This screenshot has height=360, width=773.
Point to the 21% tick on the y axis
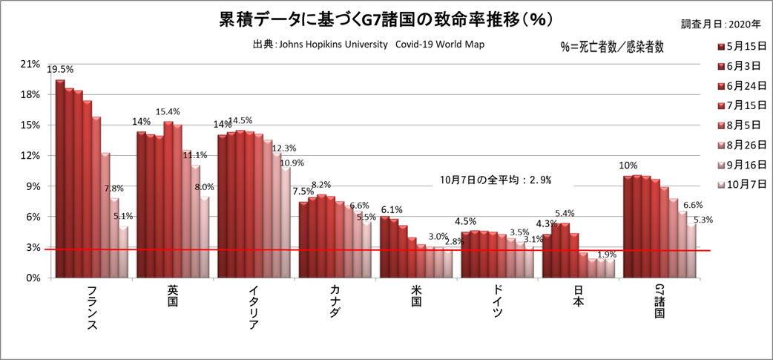[x=30, y=64]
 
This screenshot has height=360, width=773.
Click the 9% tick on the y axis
[x=33, y=186]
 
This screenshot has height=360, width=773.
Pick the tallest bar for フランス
[x=59, y=178]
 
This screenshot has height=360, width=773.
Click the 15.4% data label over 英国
[x=168, y=112]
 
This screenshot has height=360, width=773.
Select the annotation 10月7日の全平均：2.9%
[x=495, y=180]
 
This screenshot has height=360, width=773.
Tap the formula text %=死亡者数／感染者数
[x=612, y=46]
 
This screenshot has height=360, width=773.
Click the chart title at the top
[x=386, y=19]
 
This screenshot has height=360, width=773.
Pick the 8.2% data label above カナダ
[x=320, y=185]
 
